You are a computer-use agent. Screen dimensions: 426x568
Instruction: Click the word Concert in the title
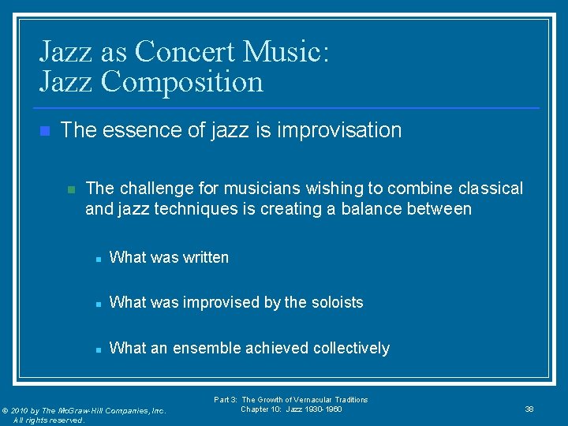(x=185, y=52)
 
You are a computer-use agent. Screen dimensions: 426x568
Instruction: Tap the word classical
(x=491, y=189)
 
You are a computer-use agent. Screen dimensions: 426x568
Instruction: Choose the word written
(x=204, y=257)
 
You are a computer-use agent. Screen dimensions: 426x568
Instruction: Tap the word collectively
(x=352, y=348)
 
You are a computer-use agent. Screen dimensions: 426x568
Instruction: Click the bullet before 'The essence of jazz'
(x=44, y=131)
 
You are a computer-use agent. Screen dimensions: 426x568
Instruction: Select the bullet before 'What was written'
(x=95, y=258)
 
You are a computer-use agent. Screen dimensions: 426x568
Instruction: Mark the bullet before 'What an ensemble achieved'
(x=95, y=349)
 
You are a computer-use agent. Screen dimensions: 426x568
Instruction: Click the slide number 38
(x=529, y=409)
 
